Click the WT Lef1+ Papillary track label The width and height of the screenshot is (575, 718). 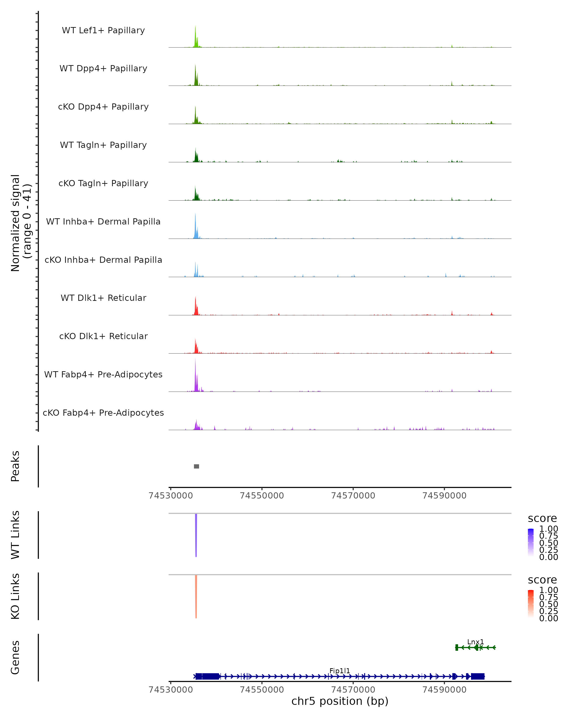click(103, 30)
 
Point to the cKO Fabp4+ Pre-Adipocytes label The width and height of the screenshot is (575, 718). click(103, 413)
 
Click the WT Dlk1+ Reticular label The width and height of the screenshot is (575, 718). click(103, 298)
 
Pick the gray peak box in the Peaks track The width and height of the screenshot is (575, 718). click(196, 466)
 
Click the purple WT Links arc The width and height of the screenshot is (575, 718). click(196, 533)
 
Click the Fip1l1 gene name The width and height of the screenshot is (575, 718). click(340, 671)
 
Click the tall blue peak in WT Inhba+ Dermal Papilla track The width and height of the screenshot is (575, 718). click(195, 225)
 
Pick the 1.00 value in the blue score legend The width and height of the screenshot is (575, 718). click(548, 529)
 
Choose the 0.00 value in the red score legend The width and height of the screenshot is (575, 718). click(548, 618)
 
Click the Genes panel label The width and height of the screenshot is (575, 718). click(15, 657)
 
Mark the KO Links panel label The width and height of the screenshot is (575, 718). click(15, 596)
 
